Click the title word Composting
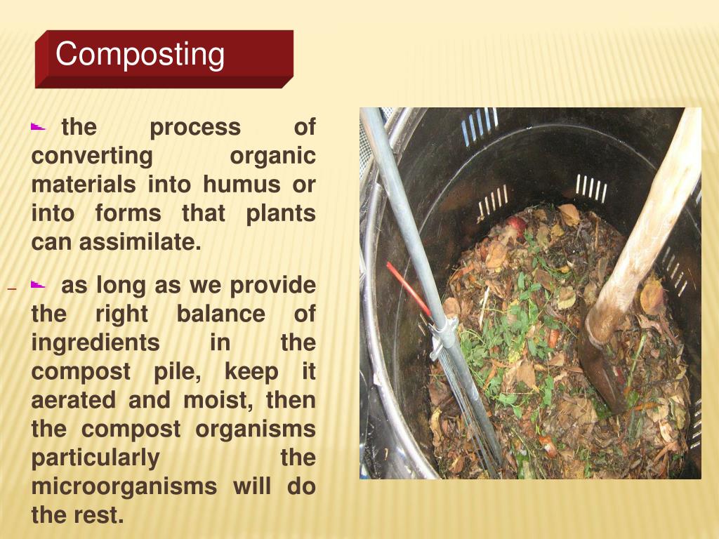(x=140, y=55)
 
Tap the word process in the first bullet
(x=195, y=127)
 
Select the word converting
(x=91, y=156)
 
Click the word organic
(x=273, y=156)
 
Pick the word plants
(x=280, y=213)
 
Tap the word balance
(x=220, y=314)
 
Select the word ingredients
(x=95, y=342)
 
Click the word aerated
(x=74, y=400)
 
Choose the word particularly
(x=95, y=458)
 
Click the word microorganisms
(x=124, y=486)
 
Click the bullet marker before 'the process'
(x=38, y=128)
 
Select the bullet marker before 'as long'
(x=38, y=286)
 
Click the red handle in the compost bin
(x=408, y=288)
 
